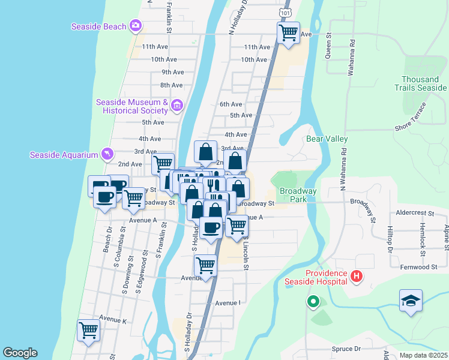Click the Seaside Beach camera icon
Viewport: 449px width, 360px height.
(x=136, y=26)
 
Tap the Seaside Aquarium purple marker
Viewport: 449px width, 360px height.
(x=107, y=155)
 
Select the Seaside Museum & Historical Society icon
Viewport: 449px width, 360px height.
(x=176, y=106)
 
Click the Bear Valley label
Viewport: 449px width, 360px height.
(x=327, y=139)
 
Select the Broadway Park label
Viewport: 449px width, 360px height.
(x=298, y=194)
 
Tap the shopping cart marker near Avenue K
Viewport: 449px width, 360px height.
(x=89, y=331)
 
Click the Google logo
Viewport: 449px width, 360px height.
(x=20, y=353)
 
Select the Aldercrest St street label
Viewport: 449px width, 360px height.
(x=415, y=213)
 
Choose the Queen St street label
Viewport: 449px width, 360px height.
(x=329, y=46)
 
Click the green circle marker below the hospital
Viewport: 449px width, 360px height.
(x=313, y=302)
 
